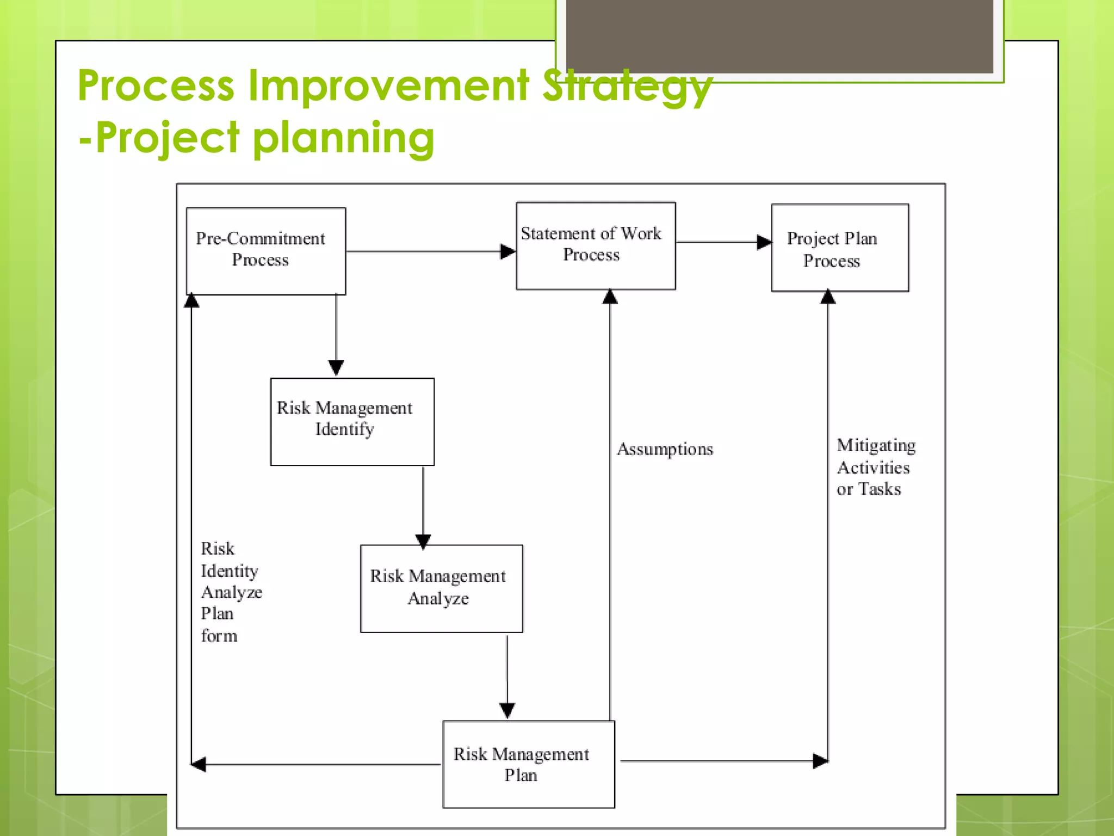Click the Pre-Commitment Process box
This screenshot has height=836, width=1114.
(265, 251)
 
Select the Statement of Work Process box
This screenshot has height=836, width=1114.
(596, 245)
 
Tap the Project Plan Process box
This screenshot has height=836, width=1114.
(839, 248)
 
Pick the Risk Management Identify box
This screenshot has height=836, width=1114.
(352, 421)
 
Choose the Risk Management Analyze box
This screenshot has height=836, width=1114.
(441, 588)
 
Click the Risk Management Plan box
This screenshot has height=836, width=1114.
(528, 764)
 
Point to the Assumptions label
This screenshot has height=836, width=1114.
(665, 449)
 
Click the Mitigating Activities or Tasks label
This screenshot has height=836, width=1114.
(875, 467)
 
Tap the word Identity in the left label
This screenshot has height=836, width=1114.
(229, 571)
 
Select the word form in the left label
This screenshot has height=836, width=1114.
(219, 636)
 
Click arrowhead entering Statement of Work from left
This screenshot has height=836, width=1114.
(508, 251)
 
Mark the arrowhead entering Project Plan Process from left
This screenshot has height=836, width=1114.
(764, 242)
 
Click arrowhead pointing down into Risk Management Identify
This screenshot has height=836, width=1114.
(336, 368)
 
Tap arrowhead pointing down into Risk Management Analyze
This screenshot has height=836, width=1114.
(423, 541)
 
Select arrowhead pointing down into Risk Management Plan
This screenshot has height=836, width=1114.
(507, 710)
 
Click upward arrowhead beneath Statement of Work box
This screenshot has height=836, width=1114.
(610, 297)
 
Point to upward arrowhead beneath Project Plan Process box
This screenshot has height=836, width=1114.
(827, 297)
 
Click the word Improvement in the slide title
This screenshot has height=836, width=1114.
(388, 85)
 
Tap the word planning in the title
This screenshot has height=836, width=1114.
(344, 138)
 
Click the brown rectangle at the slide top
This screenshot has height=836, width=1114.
(779, 35)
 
